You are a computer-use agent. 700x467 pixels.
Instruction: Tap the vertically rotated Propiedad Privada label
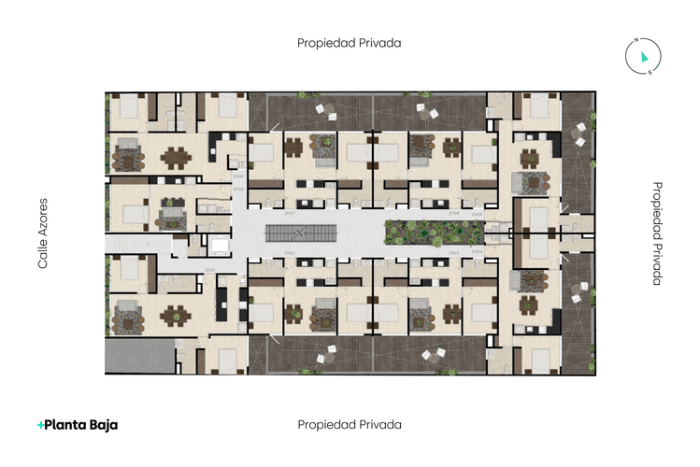[x=656, y=233]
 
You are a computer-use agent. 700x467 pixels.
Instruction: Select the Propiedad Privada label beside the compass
[x=350, y=42]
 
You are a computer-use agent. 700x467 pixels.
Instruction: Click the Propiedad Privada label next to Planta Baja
[x=350, y=424]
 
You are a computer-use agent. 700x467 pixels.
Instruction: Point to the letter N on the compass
[x=635, y=40]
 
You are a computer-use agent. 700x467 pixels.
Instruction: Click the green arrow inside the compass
[x=644, y=57]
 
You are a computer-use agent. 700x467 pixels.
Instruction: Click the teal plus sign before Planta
[x=40, y=425]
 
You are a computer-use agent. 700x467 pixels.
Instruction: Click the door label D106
[x=453, y=214]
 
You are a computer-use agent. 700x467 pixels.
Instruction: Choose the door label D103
[x=453, y=253]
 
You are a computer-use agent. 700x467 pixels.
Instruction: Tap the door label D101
[x=210, y=271]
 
